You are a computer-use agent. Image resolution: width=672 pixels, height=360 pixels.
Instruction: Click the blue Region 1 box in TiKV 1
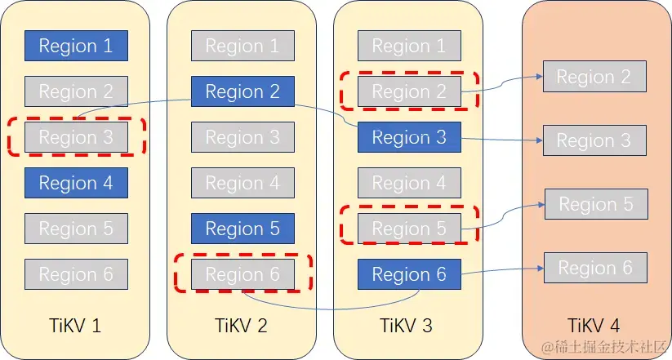point(76,46)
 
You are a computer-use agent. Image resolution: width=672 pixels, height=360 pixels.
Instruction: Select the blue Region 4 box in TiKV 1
point(76,183)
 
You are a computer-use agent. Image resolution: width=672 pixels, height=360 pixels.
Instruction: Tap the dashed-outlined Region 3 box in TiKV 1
point(76,137)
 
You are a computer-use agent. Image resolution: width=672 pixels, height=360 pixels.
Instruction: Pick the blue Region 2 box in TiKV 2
point(243,91)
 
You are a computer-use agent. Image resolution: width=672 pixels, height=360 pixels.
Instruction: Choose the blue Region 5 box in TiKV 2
point(243,229)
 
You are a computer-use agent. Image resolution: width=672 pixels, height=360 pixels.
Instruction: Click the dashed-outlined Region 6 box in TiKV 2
point(243,274)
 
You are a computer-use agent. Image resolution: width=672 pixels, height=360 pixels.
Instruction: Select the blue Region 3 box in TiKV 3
point(409,137)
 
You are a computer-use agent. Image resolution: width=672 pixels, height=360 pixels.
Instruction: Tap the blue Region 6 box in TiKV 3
point(409,274)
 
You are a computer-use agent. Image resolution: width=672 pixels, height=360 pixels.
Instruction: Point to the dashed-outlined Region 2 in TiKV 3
point(409,91)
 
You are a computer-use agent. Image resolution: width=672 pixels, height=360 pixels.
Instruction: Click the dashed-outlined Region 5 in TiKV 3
point(409,229)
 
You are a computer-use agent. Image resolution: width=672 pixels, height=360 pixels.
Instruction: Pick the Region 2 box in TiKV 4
point(594,77)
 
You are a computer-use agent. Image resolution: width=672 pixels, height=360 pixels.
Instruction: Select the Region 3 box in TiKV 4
point(594,140)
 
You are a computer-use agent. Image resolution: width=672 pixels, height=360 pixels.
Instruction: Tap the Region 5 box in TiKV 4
point(595,204)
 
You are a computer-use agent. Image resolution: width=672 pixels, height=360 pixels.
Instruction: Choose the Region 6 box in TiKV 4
point(595,268)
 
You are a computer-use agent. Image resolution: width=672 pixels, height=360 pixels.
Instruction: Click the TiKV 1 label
point(76,326)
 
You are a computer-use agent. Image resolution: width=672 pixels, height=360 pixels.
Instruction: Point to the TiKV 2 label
point(243,326)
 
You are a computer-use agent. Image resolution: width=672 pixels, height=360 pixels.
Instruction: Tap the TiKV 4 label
point(595,326)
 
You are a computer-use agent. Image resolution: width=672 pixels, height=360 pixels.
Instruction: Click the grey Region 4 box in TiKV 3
point(409,183)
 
